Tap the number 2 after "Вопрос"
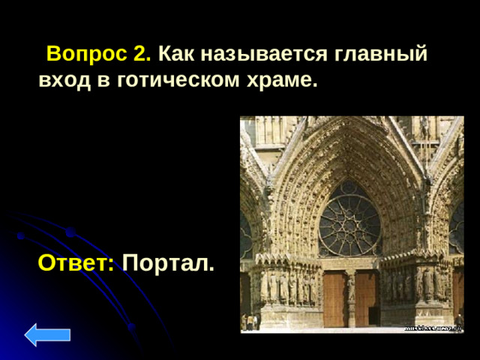pyautogui.click(x=142, y=55)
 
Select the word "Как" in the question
pyautogui.click(x=175, y=55)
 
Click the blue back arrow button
pyautogui.click(x=48, y=334)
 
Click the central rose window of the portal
pyautogui.click(x=349, y=218)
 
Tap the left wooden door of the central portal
pyautogui.click(x=334, y=298)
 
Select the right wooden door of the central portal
pyautogui.click(x=367, y=298)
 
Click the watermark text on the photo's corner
pyautogui.click(x=433, y=328)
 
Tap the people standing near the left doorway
pyautogui.click(x=250, y=322)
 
